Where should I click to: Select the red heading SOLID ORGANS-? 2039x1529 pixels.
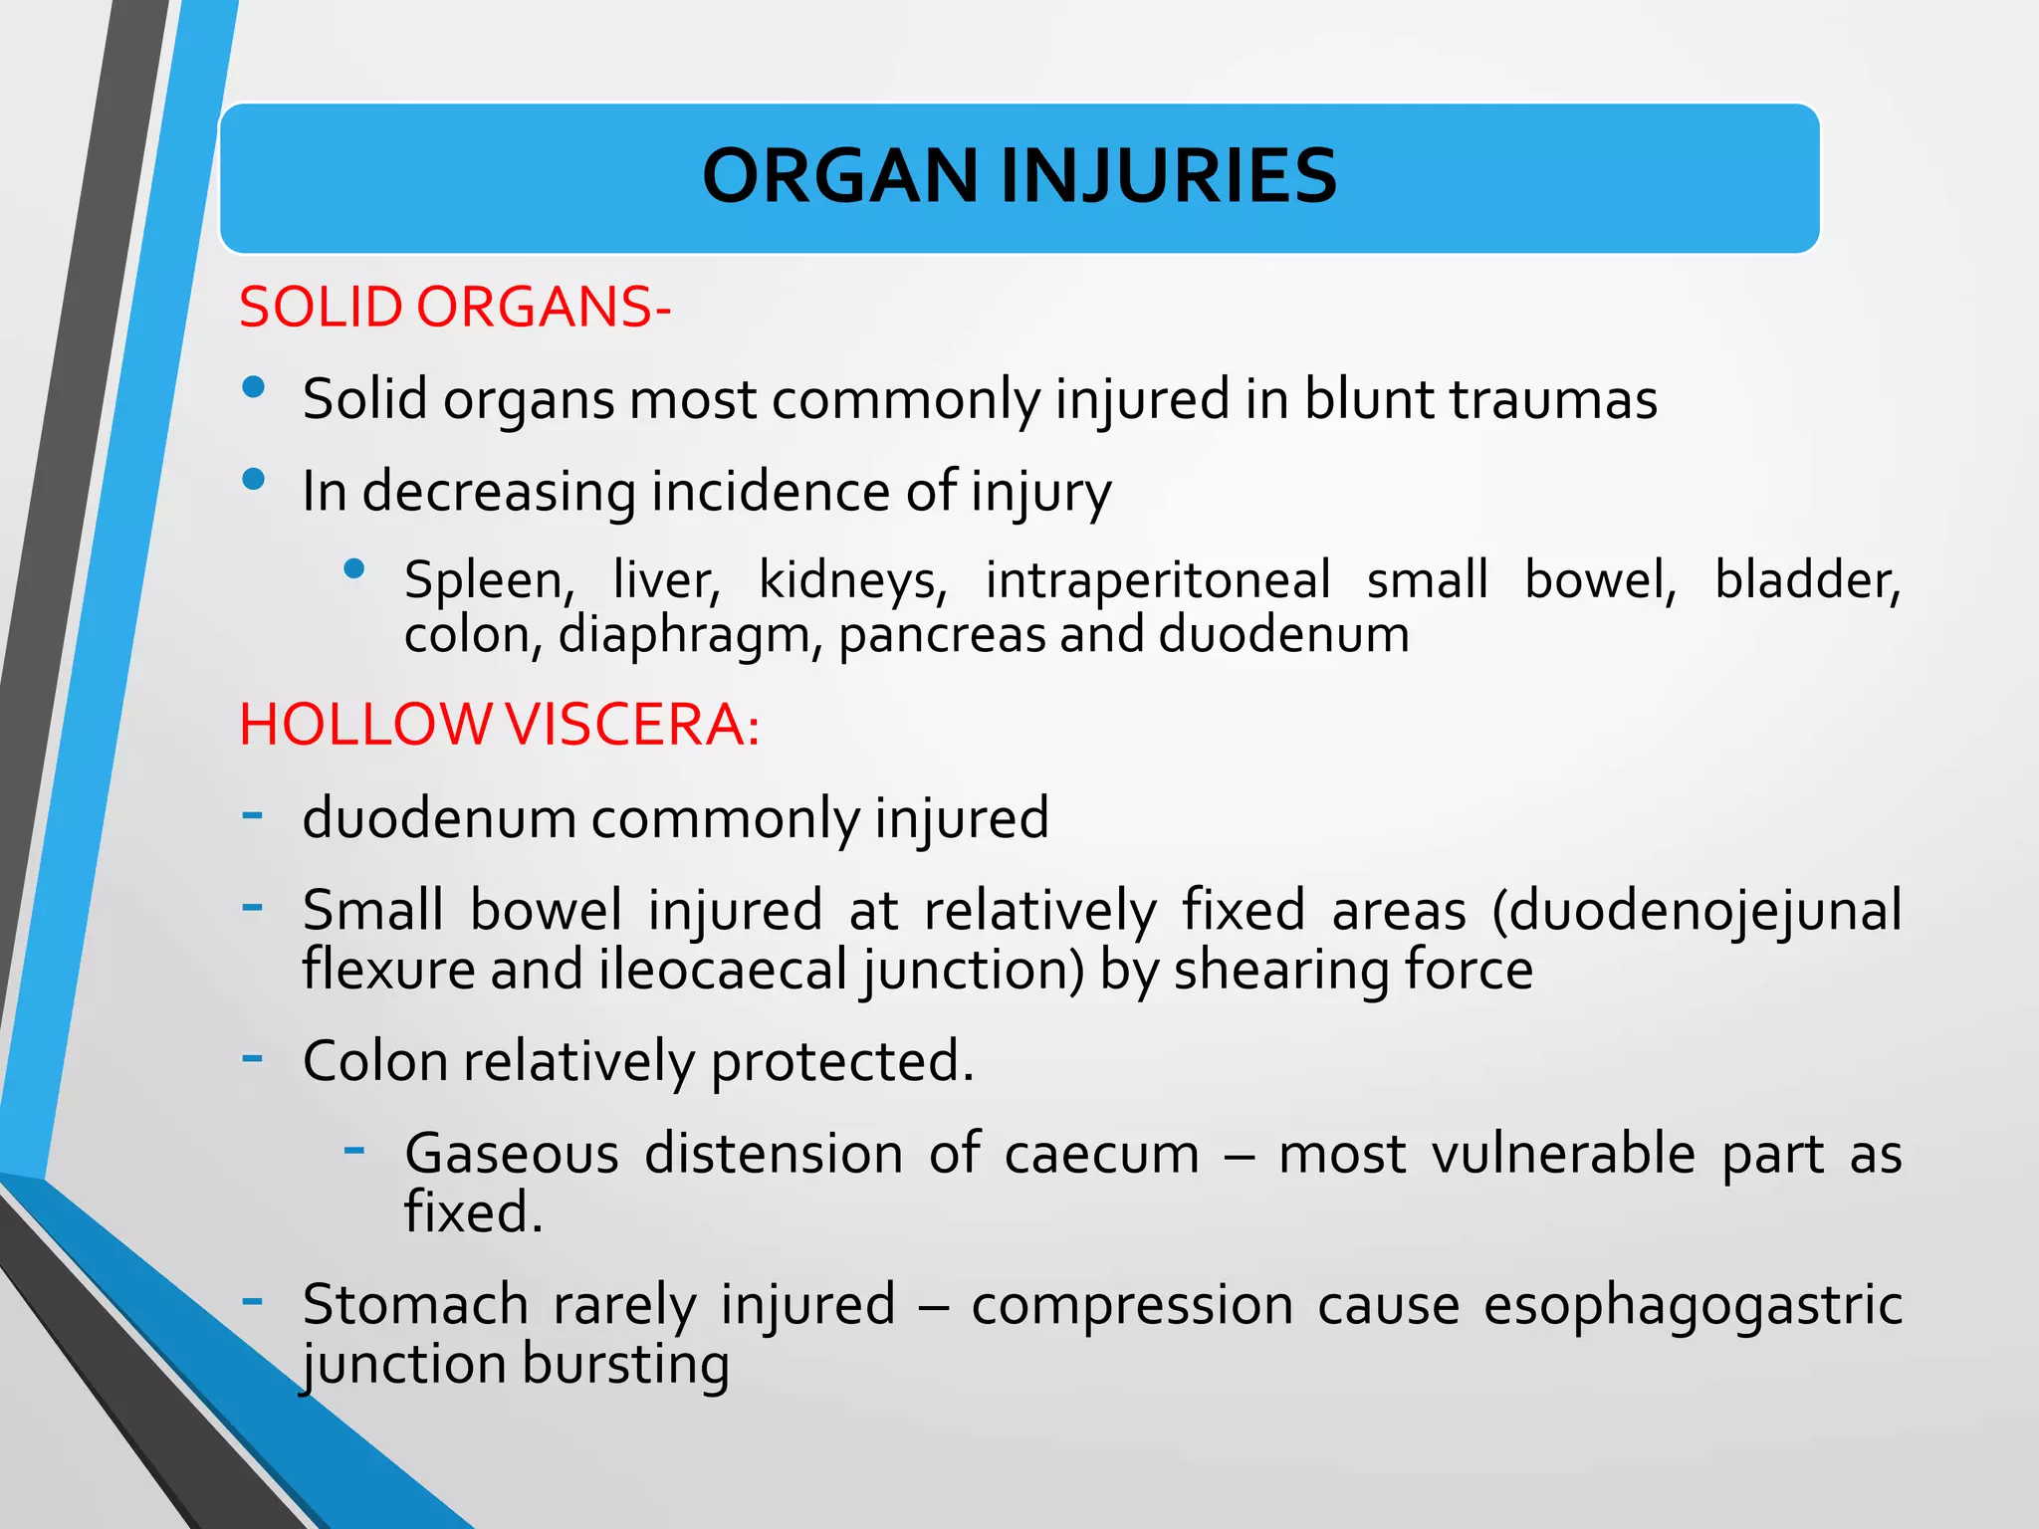(x=455, y=307)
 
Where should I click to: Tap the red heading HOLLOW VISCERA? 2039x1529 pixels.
(x=500, y=724)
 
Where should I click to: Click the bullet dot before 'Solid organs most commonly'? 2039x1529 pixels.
(x=254, y=387)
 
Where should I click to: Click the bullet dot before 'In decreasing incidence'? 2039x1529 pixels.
(x=254, y=480)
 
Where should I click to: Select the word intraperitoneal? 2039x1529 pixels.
(x=1158, y=580)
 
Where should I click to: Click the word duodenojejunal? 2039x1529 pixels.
(x=1697, y=911)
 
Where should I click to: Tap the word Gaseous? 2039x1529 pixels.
(x=512, y=1154)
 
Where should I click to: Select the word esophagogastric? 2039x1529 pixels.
(x=1693, y=1305)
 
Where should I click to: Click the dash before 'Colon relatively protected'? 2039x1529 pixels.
(x=253, y=1056)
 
